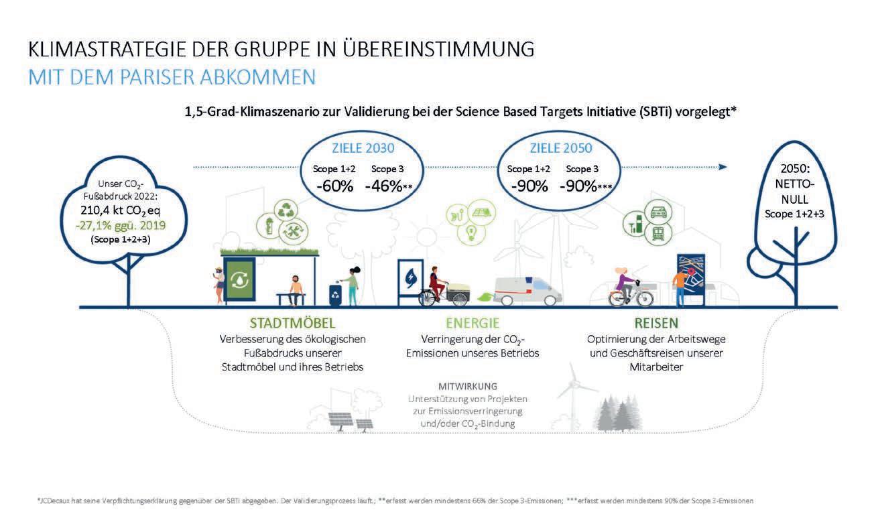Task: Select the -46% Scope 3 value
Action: coord(383,186)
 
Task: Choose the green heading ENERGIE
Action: coord(472,323)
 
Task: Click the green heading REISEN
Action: coord(656,323)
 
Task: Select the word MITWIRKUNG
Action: coord(467,387)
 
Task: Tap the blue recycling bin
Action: coord(334,294)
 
